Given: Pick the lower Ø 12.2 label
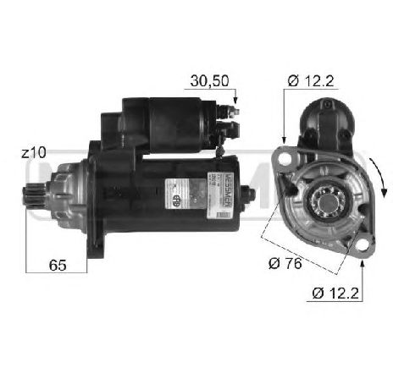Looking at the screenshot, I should pos(334,293).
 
